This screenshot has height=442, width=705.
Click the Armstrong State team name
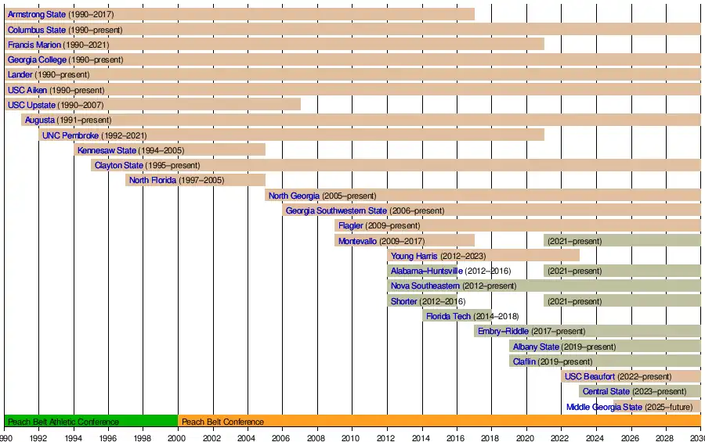(37, 15)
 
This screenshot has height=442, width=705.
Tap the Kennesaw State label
(107, 150)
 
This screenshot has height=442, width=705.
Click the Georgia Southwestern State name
(336, 210)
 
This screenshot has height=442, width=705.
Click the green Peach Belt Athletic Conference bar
(91, 422)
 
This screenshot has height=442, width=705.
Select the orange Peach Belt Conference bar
(439, 422)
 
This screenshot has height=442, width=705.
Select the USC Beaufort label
(589, 377)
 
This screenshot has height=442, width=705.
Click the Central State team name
(606, 392)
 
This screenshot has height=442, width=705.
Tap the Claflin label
(524, 361)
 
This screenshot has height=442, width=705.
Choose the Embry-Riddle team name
(503, 332)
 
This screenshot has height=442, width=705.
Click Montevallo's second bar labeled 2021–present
(622, 241)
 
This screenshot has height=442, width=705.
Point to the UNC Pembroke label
(70, 135)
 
